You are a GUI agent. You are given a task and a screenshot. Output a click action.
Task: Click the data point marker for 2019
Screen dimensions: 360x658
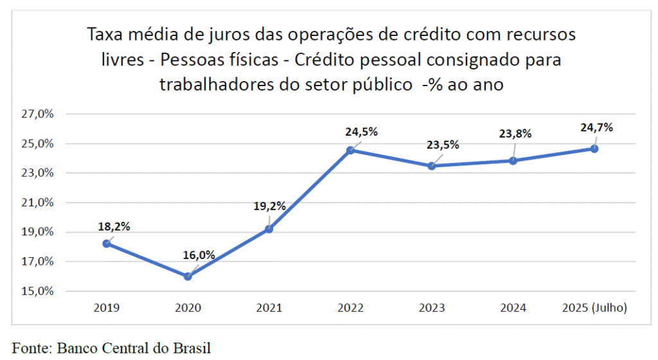[x=107, y=244]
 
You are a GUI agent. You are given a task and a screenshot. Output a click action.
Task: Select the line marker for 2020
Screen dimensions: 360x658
[x=188, y=276]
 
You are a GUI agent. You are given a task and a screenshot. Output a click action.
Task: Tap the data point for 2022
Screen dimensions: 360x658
[x=350, y=150]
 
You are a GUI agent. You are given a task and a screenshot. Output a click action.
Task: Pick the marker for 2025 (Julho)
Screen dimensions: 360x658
[x=594, y=148]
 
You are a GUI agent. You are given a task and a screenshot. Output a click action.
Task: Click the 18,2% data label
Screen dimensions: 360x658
[x=114, y=226]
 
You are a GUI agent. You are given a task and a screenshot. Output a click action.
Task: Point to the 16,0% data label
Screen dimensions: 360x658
[x=198, y=255]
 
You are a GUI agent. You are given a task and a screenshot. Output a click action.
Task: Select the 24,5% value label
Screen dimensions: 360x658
[x=362, y=132]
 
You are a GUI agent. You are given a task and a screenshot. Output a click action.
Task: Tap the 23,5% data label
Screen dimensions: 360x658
[x=443, y=145]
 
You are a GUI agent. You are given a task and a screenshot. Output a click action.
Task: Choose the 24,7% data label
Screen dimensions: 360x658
[x=597, y=127]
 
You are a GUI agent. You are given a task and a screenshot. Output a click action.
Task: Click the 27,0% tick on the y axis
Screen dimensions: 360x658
[x=38, y=114]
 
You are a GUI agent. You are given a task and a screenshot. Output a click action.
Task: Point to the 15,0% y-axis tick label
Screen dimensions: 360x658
[x=38, y=291]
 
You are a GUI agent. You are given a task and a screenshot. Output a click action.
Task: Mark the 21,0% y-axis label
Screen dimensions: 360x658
[x=38, y=203]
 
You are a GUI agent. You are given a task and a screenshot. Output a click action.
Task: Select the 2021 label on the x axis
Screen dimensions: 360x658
[x=269, y=308]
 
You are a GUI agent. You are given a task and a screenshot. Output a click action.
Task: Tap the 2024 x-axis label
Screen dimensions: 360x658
[x=513, y=308]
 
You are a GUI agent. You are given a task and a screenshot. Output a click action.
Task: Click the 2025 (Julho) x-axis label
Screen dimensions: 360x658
[x=594, y=308]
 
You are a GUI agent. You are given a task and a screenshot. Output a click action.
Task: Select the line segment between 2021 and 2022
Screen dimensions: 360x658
[x=310, y=190]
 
